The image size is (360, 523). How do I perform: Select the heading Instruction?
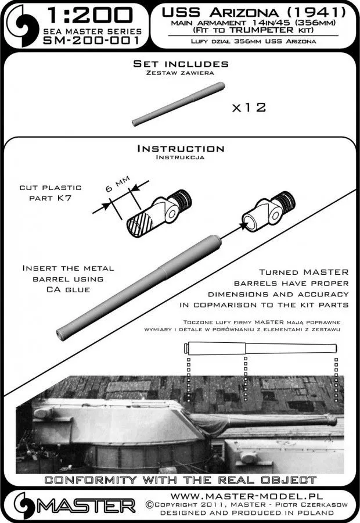click(179, 149)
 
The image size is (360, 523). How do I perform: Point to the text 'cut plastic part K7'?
click(58, 193)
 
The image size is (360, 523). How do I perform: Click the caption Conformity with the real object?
click(180, 480)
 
